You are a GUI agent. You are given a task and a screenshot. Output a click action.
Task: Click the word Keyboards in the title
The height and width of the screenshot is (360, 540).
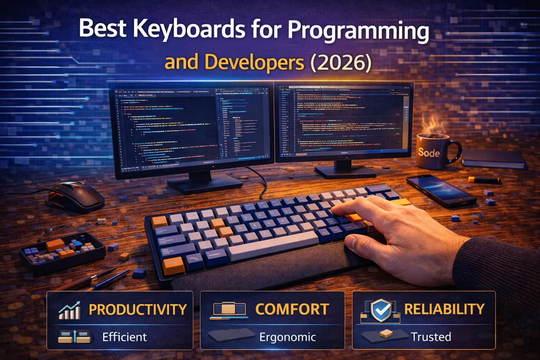(x=189, y=29)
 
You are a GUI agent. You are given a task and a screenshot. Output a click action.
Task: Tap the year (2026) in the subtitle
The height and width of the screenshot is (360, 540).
(x=341, y=62)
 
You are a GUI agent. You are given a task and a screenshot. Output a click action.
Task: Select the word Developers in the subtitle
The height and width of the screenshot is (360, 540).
(x=254, y=62)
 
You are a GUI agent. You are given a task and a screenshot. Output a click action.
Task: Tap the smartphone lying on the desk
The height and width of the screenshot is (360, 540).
(x=441, y=190)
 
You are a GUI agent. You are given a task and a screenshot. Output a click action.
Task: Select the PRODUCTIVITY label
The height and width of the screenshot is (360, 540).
(x=138, y=310)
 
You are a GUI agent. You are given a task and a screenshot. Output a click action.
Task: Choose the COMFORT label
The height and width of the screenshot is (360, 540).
(x=292, y=309)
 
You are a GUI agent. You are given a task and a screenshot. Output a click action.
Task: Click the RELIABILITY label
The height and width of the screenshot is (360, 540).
(x=444, y=309)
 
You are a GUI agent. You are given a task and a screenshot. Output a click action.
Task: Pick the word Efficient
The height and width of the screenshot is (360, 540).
(x=124, y=337)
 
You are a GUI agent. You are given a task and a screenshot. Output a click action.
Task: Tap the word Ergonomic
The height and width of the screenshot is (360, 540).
(x=288, y=337)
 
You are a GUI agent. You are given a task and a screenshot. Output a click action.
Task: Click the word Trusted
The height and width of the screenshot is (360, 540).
(x=431, y=337)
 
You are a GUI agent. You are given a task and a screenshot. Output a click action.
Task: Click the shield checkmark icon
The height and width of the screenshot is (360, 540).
(x=381, y=310)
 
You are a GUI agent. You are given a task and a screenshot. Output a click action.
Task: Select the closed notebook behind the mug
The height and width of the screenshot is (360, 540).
(x=494, y=158)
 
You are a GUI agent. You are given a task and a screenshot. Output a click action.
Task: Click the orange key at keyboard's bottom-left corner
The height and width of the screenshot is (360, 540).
(x=173, y=266)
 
